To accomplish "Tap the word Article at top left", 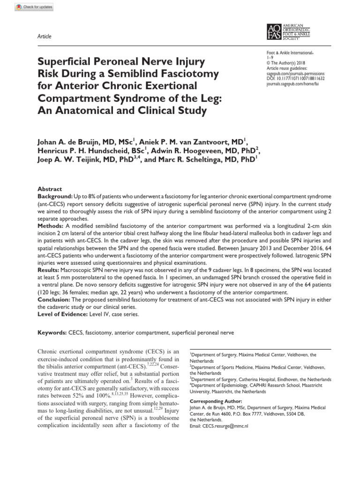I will point(44,37).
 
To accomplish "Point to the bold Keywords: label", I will point(52,332).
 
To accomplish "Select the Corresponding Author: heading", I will point(215,401).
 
